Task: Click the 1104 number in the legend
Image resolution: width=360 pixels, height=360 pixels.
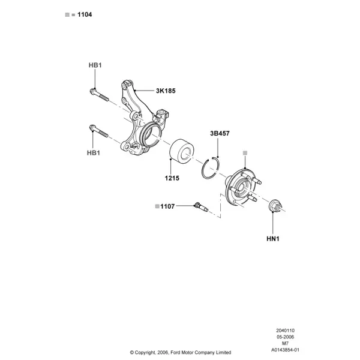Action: click(x=85, y=14)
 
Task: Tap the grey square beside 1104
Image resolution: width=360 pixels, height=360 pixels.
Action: click(x=67, y=14)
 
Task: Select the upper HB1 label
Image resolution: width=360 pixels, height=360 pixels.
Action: click(x=95, y=65)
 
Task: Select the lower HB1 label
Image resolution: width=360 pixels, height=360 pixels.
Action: click(x=94, y=153)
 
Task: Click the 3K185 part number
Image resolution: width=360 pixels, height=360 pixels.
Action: click(x=166, y=91)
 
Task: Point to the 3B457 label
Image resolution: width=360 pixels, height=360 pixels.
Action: click(x=220, y=133)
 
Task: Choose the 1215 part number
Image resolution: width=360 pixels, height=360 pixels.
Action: click(x=172, y=178)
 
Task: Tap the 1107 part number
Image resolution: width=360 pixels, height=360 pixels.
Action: click(x=167, y=206)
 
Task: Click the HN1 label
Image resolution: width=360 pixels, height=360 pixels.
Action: click(x=273, y=239)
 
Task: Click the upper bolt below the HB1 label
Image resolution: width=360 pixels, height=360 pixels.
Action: click(x=99, y=95)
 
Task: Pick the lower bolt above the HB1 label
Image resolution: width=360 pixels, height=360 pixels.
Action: click(x=98, y=131)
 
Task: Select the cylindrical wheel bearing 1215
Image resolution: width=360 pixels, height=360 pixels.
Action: click(x=182, y=150)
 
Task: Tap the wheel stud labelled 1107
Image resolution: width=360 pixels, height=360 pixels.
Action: click(x=202, y=206)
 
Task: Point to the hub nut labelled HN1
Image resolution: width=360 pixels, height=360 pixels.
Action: click(x=275, y=206)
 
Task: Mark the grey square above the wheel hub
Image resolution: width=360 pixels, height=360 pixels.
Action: click(x=245, y=153)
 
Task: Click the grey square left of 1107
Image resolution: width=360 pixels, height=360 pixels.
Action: click(x=157, y=206)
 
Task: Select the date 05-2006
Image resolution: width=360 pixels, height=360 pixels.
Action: click(x=285, y=337)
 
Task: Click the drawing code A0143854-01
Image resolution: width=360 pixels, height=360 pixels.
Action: click(x=285, y=350)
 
